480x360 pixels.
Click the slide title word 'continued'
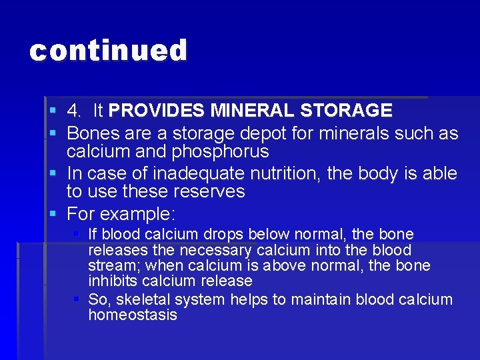pyautogui.click(x=109, y=51)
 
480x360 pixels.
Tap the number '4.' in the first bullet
pyautogui.click(x=76, y=111)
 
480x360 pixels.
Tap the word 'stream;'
pyautogui.click(x=112, y=266)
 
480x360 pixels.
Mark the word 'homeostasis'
pyautogui.click(x=133, y=315)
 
